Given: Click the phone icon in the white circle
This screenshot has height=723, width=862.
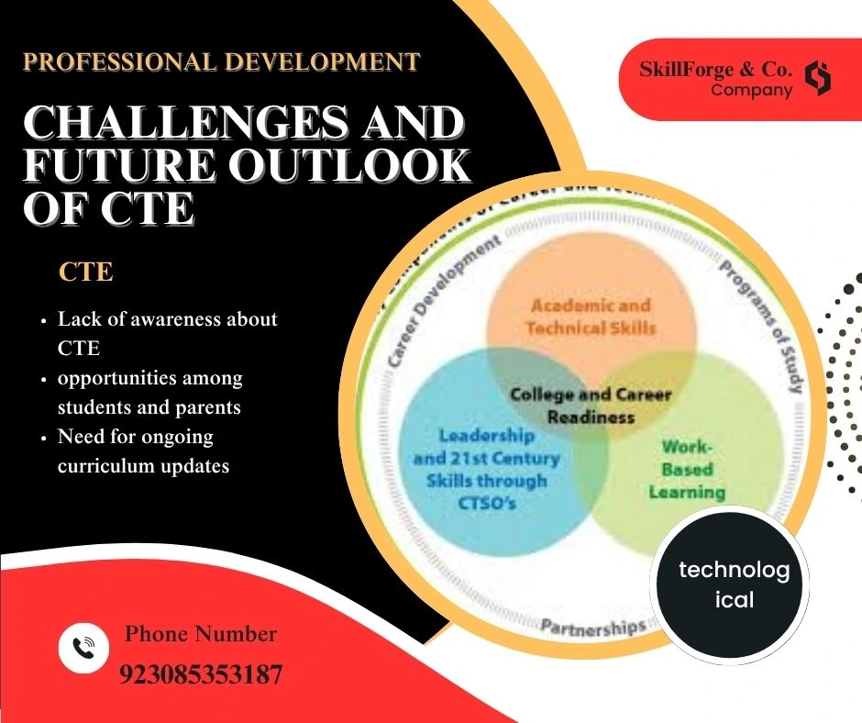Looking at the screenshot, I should pos(84,647).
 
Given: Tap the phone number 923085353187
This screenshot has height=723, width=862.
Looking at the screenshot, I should pos(201,675).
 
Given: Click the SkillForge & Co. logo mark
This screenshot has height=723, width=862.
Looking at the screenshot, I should pos(817,79).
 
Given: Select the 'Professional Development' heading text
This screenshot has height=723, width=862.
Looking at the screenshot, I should pos(221,62).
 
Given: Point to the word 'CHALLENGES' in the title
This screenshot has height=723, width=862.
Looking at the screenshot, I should pos(242,124).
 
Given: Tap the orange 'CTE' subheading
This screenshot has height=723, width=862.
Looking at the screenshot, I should pos(85,273).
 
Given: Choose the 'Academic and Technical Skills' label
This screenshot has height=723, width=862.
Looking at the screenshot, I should pos(591,317).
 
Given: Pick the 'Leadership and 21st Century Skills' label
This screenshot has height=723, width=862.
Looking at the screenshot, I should pos(486,469).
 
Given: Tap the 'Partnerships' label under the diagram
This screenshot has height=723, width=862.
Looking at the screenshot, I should pos(592,628).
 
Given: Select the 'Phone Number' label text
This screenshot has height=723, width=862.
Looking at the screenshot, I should pos(200,633).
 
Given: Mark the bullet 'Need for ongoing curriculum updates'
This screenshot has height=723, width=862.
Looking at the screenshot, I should pos(143,450).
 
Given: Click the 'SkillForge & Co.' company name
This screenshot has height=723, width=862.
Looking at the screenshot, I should pos(716,69).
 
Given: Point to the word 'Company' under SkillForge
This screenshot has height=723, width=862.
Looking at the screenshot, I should pos(751,90).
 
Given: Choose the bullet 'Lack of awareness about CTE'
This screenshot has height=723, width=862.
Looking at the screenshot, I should pos(167,334).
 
